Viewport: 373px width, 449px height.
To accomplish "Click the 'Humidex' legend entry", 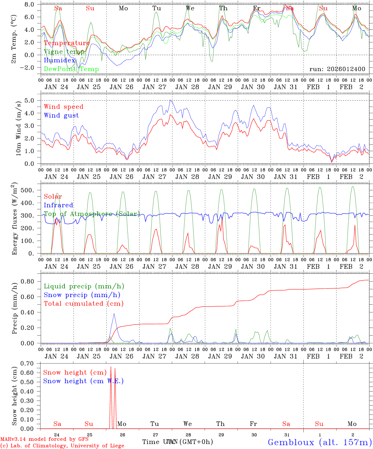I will pyautogui.click(x=59, y=60).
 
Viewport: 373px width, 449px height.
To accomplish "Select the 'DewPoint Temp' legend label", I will pyautogui.click(x=71, y=69).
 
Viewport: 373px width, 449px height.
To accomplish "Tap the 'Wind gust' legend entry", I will pyautogui.click(x=61, y=115).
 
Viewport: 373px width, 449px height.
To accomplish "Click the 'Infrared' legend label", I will pyautogui.click(x=58, y=205).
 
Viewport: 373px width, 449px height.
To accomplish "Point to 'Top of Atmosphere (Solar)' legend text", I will pyautogui.click(x=92, y=214).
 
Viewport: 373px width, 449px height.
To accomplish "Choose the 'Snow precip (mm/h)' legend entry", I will pyautogui.click(x=82, y=295).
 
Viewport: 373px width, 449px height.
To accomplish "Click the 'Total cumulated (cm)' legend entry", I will pyautogui.click(x=83, y=303).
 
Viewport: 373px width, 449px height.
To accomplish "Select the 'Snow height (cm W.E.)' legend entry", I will pyautogui.click(x=83, y=381).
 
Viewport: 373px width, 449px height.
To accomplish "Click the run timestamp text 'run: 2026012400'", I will pyautogui.click(x=337, y=69).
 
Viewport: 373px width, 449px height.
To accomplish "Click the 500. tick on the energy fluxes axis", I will pyautogui.click(x=30, y=190).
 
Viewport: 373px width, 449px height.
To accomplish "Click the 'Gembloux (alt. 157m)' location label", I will pyautogui.click(x=320, y=442).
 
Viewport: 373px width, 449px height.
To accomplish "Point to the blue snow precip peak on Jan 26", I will pyautogui.click(x=114, y=314).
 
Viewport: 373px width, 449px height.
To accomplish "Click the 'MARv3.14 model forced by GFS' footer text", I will pyautogui.click(x=44, y=439).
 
